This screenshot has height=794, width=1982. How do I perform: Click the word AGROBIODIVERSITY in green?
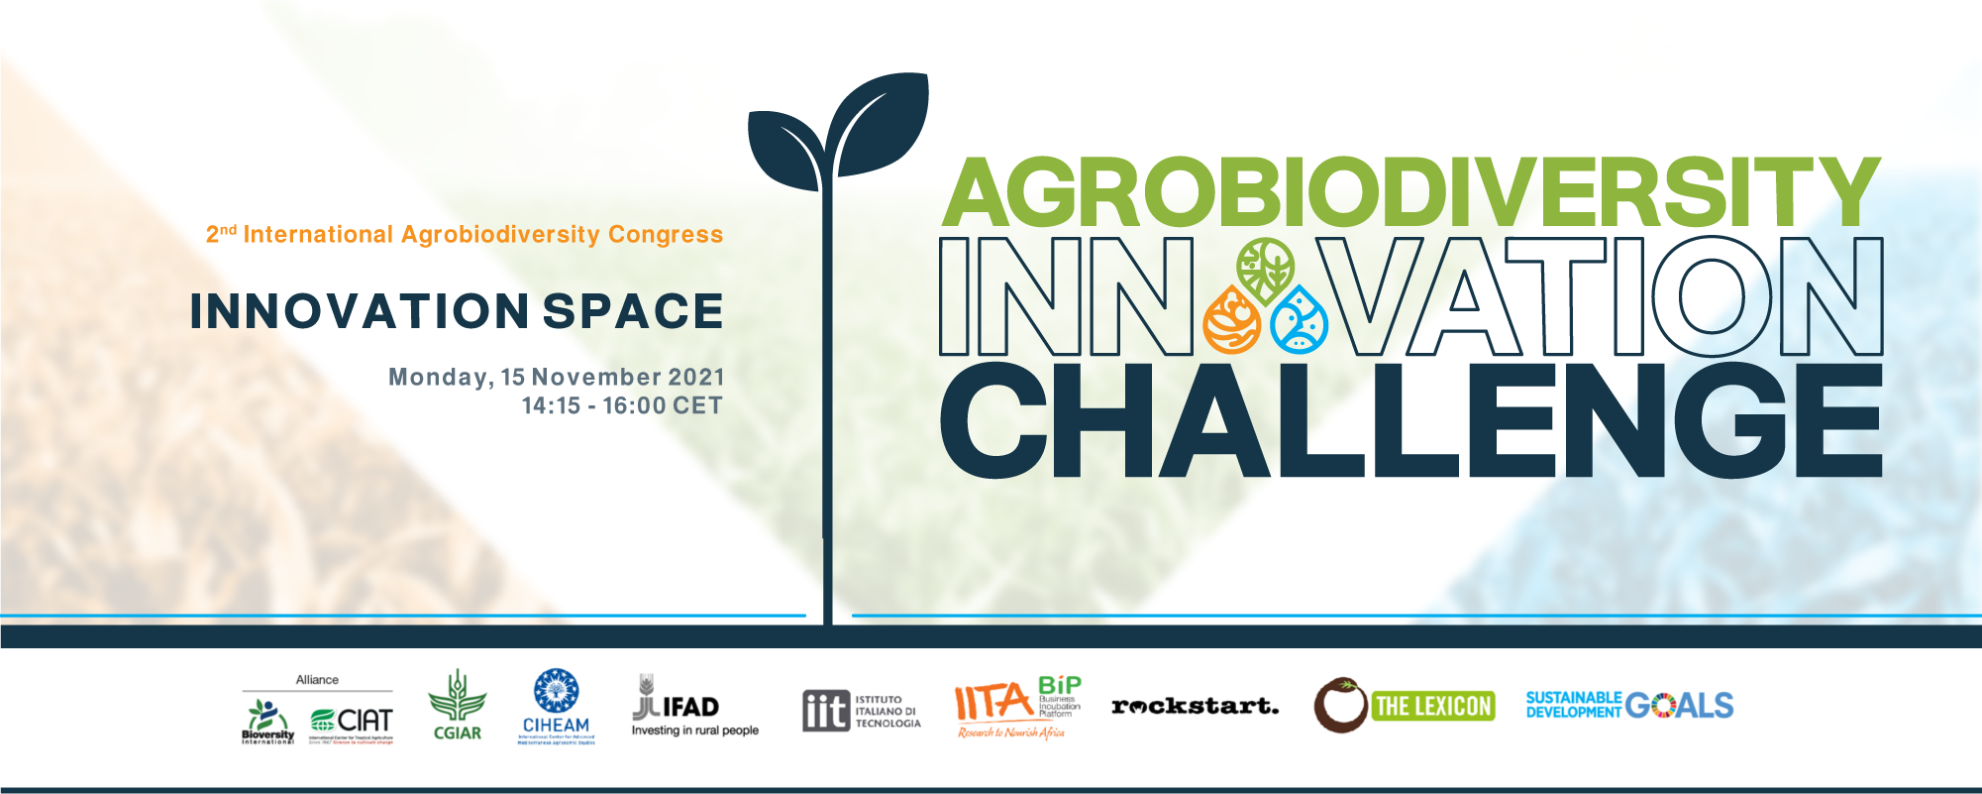pos(1409,193)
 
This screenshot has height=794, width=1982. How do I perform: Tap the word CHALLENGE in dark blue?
pos(1409,420)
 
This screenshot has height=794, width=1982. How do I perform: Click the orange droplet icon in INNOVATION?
pos(1231,320)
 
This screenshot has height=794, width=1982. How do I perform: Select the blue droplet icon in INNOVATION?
pos(1299,320)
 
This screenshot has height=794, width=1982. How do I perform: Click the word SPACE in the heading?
pos(633,311)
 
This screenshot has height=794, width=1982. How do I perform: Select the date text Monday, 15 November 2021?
pos(556,378)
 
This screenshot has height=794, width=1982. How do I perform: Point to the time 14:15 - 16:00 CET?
pos(622,406)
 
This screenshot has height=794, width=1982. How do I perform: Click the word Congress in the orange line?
pos(666,235)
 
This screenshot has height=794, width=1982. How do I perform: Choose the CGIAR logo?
pos(457,706)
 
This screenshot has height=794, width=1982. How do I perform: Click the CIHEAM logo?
pos(556,706)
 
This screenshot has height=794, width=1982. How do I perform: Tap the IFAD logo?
pos(693,707)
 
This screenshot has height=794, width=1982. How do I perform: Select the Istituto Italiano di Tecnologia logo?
pos(861,711)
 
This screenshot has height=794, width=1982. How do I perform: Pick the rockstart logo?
pos(1195,707)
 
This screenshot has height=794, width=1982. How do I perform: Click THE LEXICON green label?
pos(1432,707)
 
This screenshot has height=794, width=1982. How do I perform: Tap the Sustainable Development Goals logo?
pos(1628,705)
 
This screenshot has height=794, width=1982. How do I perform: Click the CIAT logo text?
pos(364,720)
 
